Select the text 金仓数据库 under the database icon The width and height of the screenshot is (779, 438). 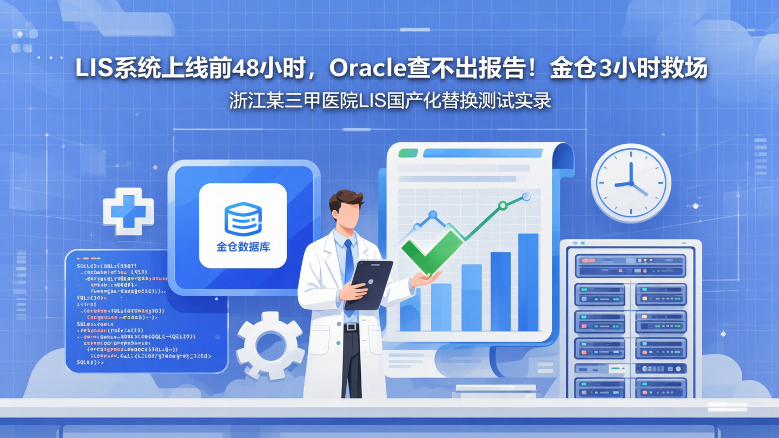(243, 247)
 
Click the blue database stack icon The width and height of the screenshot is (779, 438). (243, 219)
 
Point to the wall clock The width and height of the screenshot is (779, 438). (631, 183)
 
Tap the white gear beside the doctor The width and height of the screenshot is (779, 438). (269, 345)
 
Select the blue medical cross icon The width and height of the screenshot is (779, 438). (128, 211)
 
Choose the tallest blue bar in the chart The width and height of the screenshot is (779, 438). (528, 281)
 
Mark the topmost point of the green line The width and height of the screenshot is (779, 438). (526, 197)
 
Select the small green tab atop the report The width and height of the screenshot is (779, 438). (408, 153)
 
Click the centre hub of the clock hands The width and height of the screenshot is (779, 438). (631, 183)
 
